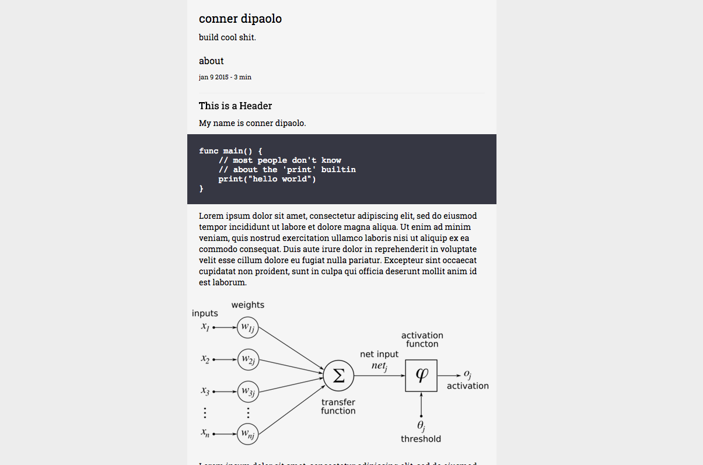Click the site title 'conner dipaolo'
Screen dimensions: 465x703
pos(240,19)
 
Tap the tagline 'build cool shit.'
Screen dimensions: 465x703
pos(227,37)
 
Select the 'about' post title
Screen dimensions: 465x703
pos(211,61)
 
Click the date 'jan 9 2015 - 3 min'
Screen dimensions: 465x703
pos(225,77)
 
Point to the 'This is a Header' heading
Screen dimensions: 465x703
pos(235,106)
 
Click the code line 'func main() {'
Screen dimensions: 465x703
pos(231,151)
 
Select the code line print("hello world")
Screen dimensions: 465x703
pos(267,179)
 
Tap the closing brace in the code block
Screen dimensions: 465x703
pos(201,188)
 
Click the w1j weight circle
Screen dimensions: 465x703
pos(248,328)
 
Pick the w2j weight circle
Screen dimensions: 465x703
pos(248,359)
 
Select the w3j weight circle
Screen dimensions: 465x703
pos(248,391)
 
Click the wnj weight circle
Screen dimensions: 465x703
pos(248,434)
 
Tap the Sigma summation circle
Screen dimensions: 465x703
pos(338,376)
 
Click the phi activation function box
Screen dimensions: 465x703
pos(421,376)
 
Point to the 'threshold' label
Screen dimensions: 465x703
pos(421,439)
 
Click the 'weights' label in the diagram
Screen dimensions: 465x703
pos(247,305)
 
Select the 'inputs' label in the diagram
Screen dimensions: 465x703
pos(205,313)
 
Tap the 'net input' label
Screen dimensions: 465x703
pos(379,354)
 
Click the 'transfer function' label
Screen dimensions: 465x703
pos(338,406)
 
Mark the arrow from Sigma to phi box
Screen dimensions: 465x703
pos(379,376)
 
